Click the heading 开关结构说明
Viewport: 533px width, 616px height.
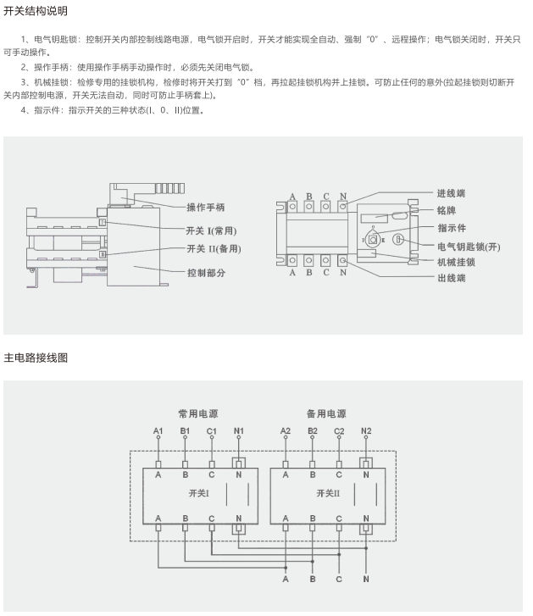click(x=36, y=11)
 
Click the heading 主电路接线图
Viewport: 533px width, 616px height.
click(x=36, y=358)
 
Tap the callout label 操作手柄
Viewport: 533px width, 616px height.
click(x=206, y=208)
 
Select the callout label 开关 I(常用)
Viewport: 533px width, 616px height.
click(x=211, y=230)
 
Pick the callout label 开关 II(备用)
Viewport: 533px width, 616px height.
click(x=214, y=249)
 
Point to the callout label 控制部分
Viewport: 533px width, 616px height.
click(x=206, y=273)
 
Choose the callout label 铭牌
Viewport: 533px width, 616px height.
click(x=446, y=209)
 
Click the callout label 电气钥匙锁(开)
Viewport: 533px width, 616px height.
click(x=469, y=246)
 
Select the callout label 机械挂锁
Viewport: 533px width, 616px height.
click(x=456, y=262)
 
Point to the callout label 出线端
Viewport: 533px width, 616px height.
click(x=451, y=279)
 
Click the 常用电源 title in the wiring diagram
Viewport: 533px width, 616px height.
click(x=197, y=414)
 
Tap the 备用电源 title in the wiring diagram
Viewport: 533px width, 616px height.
click(x=326, y=414)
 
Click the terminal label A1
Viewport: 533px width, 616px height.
click(x=158, y=431)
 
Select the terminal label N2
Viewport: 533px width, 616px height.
click(x=366, y=431)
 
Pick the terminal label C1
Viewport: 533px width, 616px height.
click(x=212, y=431)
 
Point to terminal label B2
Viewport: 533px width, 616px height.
click(x=313, y=431)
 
